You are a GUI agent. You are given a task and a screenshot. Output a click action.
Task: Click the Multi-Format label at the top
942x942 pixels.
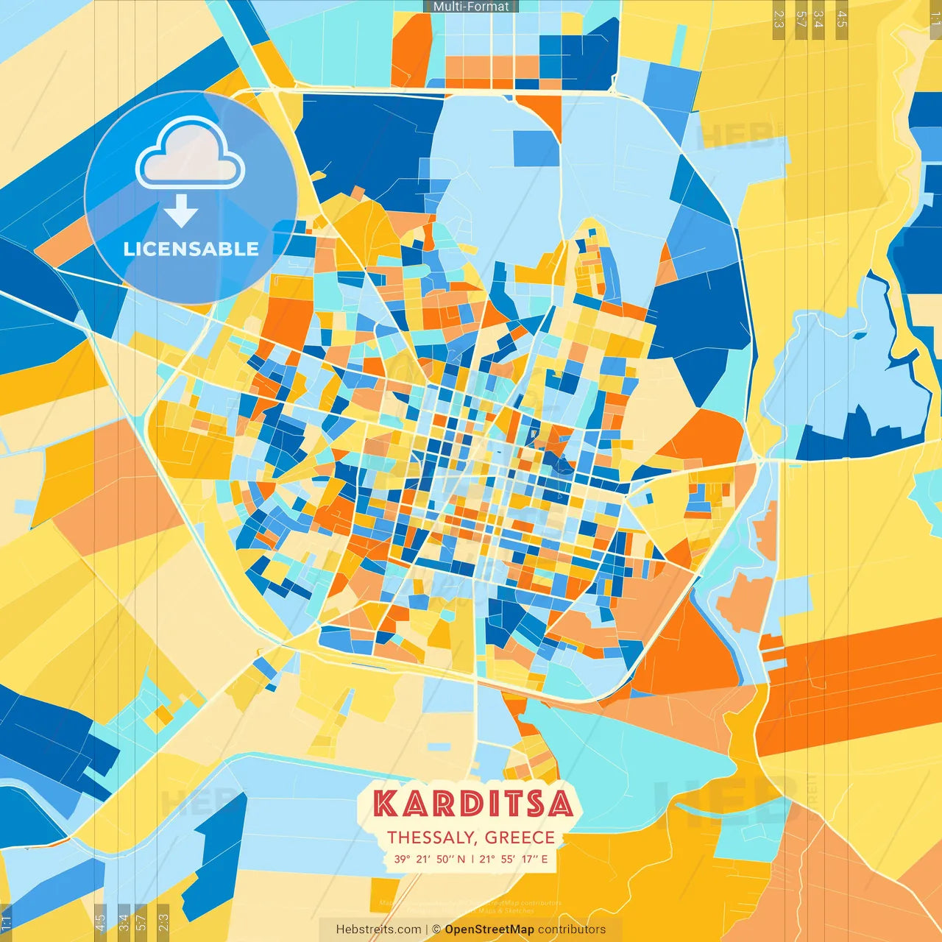[x=471, y=7]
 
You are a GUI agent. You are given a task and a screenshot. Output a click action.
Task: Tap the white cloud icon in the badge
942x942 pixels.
[x=190, y=155]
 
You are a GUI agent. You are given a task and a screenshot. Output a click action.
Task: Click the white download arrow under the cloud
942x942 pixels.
[x=181, y=212]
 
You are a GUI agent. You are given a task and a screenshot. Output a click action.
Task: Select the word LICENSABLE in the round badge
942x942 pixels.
[x=191, y=249]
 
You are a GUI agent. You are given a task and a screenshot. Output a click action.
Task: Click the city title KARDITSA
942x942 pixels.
[x=472, y=804]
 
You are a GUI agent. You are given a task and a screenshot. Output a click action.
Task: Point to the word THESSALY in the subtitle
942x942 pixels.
[x=431, y=837]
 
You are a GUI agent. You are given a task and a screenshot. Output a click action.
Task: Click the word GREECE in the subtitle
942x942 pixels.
[x=520, y=837]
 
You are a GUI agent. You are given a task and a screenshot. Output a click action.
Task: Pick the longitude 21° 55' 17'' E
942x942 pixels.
[x=514, y=859]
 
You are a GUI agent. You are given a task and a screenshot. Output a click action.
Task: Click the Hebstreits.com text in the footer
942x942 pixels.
[x=378, y=929]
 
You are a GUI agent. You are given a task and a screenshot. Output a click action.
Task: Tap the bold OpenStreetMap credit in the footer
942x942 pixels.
[x=489, y=929]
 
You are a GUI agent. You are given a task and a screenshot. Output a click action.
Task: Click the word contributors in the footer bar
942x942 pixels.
[x=571, y=929]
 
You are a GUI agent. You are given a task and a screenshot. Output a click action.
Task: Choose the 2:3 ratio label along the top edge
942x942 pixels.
[x=779, y=19]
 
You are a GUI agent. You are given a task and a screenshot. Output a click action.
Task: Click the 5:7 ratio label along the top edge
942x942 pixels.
[x=801, y=19]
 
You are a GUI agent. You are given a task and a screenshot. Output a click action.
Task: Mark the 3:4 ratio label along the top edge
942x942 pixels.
[x=818, y=19]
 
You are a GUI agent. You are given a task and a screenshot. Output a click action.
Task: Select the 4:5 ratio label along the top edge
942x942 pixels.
[x=842, y=19]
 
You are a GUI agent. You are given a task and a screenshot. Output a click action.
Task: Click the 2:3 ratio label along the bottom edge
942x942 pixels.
[x=163, y=921]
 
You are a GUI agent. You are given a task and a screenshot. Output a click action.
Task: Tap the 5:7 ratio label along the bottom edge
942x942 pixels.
[x=141, y=921]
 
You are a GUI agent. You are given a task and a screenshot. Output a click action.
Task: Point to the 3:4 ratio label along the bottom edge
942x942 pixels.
[x=123, y=921]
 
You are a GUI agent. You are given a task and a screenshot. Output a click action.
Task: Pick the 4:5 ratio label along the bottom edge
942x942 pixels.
[x=99, y=921]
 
